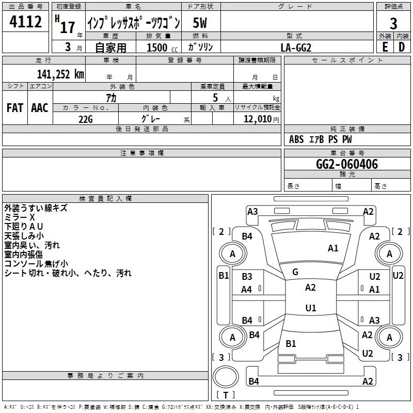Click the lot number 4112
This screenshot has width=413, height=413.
coord(25,21)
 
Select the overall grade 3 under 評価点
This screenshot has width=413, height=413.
coord(393,23)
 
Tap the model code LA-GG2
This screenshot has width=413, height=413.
coord(296,47)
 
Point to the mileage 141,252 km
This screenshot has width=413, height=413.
coord(60,74)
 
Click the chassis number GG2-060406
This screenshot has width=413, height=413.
coord(347,164)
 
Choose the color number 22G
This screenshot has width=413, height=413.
coord(86,119)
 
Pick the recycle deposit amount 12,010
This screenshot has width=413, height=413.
coord(257,119)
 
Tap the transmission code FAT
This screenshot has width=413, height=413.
coord(15,108)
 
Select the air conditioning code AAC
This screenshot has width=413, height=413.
coord(40,108)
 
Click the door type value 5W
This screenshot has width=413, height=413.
coord(200,23)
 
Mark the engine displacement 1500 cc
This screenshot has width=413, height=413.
coord(162,47)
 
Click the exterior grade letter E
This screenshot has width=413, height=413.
coord(385,47)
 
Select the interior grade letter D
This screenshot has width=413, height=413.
coord(402,47)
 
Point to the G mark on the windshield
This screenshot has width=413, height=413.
coord(295,272)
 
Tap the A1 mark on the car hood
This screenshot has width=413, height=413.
coord(333,248)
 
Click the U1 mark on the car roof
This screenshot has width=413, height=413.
coord(311,308)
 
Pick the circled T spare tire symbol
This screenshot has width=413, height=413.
coord(226,377)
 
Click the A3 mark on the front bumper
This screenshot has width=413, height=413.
coord(252,212)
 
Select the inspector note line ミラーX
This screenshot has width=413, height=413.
coord(20,217)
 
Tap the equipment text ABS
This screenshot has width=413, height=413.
coord(296,139)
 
